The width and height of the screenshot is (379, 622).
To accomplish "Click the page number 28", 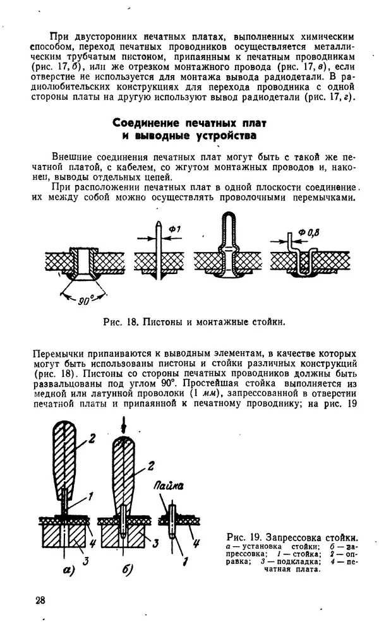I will pos(40,599).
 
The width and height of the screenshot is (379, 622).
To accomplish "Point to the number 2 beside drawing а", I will pos(91,436).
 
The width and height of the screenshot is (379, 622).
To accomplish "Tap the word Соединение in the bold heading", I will pos(147,123).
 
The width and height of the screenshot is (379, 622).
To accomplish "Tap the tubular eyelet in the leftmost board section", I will pos(82,260).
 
